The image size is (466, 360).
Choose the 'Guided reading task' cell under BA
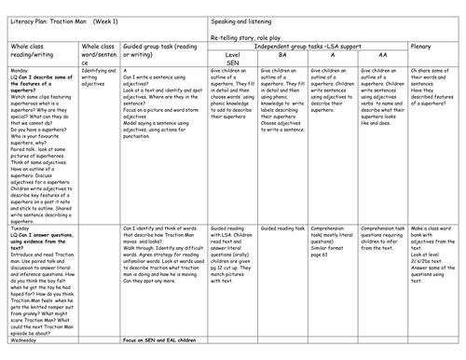(283, 227)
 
